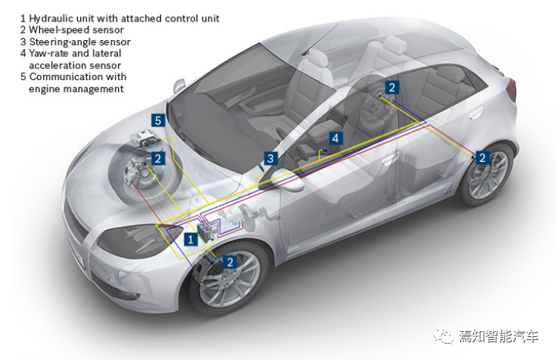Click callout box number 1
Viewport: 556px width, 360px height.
191,239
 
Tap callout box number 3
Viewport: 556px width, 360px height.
271,158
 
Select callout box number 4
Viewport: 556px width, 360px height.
336,138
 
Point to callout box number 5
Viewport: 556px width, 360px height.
157,120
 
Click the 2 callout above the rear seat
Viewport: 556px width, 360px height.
392,87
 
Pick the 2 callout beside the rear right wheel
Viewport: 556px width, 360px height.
482,157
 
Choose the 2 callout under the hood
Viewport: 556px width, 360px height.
157,158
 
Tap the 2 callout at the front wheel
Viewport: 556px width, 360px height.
230,261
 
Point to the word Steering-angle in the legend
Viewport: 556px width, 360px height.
65,42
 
